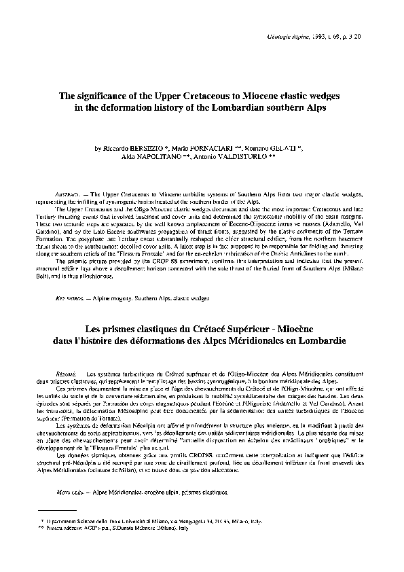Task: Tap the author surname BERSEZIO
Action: click(145, 147)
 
